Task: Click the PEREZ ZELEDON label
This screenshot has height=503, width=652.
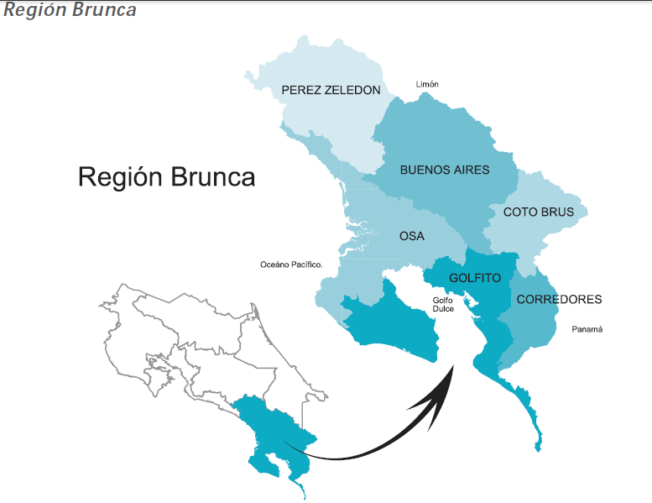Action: coord(331,90)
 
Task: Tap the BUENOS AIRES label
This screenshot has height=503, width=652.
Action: coord(445,170)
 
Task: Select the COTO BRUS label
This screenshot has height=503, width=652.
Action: coord(539,212)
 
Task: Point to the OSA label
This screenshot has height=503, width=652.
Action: coord(411,236)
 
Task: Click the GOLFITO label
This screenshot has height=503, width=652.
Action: coord(475,277)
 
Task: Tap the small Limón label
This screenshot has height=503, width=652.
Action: coord(427,84)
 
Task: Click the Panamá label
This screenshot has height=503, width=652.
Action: coord(587,329)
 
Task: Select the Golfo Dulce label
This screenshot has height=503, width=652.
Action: coord(443,304)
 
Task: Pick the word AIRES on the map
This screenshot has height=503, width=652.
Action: coord(471,170)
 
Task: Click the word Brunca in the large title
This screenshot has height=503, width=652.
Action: coord(213,177)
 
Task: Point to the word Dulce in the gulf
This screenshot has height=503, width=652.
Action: coord(443,309)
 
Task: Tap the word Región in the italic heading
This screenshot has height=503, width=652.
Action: coord(33,10)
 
